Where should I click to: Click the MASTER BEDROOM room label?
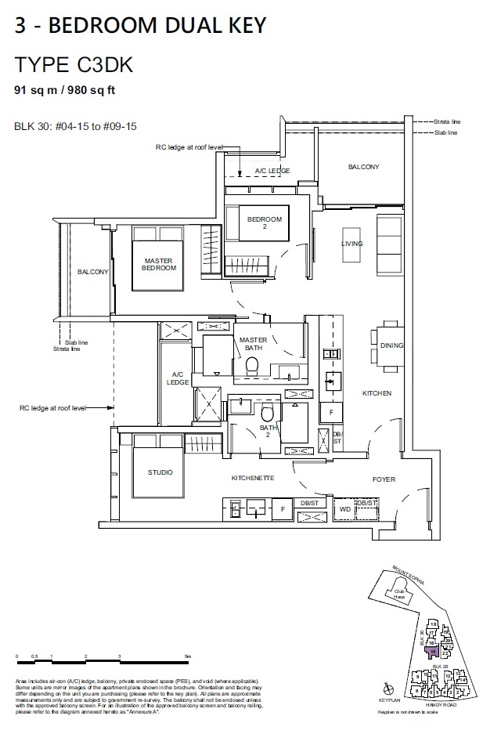click(159, 264)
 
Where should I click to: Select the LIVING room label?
click(352, 244)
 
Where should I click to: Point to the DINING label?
click(391, 345)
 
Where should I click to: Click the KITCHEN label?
click(377, 392)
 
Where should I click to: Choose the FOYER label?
click(384, 479)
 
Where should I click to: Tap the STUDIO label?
click(160, 473)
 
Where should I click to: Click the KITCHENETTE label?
click(252, 478)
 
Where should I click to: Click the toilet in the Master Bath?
click(252, 364)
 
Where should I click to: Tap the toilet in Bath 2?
click(268, 414)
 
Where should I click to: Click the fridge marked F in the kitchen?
click(331, 411)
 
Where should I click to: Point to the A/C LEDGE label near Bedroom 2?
click(272, 171)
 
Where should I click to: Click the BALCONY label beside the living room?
click(363, 167)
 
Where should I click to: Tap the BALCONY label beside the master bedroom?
click(93, 272)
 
